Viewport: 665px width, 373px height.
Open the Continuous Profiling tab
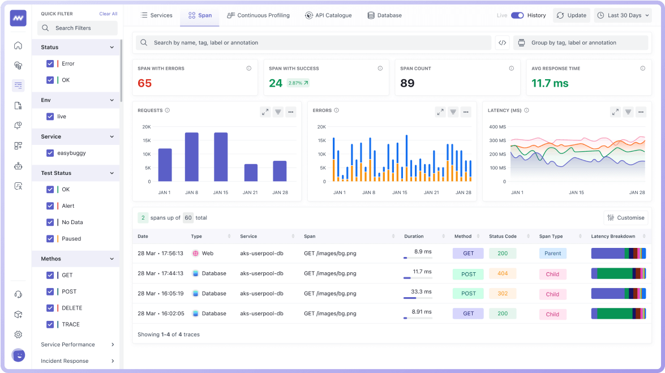[258, 15]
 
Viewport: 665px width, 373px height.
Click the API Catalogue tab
[328, 15]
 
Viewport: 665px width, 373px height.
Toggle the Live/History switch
[517, 15]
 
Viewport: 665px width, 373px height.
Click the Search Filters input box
[78, 28]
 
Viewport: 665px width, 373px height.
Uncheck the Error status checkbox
[50, 64]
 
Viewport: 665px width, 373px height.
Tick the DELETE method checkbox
[50, 308]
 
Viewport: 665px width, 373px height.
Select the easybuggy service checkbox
[50, 153]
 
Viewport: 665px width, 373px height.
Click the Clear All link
[108, 14]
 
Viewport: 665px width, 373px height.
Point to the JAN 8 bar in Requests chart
[192, 157]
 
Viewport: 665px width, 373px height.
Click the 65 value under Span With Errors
[145, 83]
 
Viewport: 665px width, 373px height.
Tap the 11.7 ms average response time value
[550, 83]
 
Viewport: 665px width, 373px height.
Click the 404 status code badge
[503, 273]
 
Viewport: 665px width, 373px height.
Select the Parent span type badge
[552, 254]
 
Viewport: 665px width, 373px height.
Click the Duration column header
[414, 236]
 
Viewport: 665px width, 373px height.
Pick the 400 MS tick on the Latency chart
[497, 127]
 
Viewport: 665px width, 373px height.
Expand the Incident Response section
[78, 361]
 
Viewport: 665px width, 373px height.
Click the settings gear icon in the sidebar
[18, 335]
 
